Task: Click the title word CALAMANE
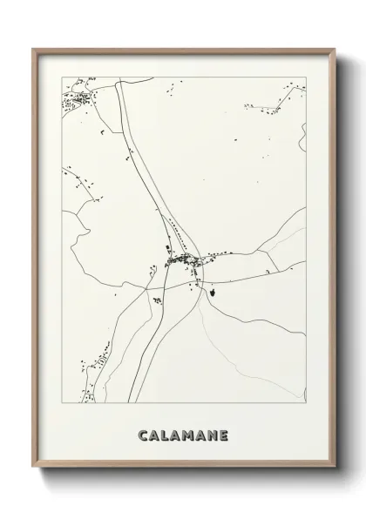[x=182, y=435]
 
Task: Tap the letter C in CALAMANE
[x=143, y=435]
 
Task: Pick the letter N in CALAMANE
[x=213, y=435]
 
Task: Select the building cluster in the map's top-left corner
[x=75, y=103]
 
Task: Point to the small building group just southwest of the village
[x=157, y=300]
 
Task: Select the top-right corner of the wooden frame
[x=334, y=49]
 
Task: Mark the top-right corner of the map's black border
[x=307, y=77]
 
